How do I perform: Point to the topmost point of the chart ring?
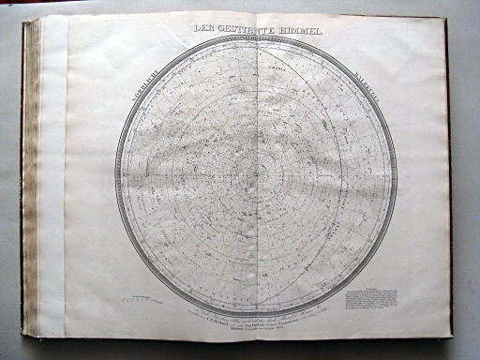pos(256,35)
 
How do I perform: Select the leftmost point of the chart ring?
pos(115,175)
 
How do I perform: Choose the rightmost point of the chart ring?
pos(397,175)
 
